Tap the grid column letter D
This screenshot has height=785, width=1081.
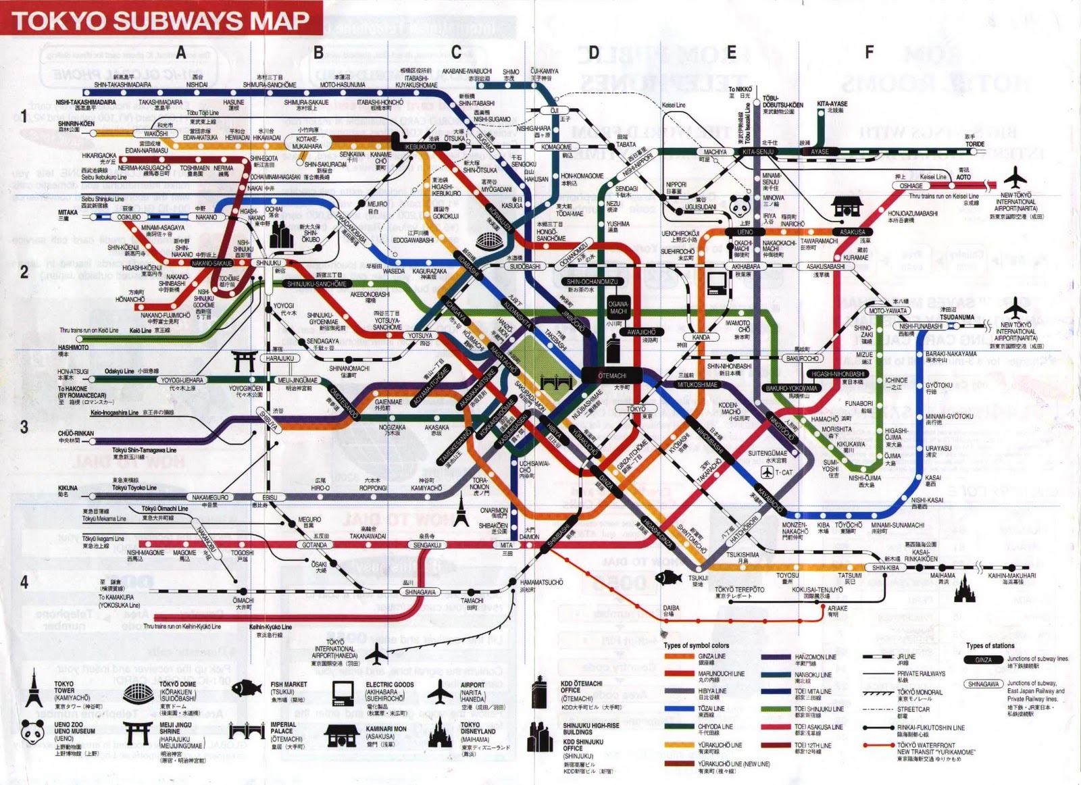(593, 53)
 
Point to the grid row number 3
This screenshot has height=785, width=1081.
(24, 426)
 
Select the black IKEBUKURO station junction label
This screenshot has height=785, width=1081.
(420, 146)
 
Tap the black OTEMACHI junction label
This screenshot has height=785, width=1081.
(613, 376)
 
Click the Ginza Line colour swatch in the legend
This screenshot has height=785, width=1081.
(678, 656)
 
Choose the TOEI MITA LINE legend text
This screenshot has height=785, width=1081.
(813, 691)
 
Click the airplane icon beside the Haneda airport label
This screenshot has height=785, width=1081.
(376, 653)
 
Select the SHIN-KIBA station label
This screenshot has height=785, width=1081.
(886, 567)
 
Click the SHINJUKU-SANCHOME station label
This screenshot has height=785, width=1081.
(317, 284)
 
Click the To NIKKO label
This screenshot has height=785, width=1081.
(740, 89)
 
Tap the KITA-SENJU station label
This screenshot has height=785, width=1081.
(758, 152)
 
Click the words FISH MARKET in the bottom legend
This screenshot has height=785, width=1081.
(288, 684)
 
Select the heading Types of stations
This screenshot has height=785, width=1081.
(990, 645)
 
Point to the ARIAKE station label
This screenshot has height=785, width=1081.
(837, 608)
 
